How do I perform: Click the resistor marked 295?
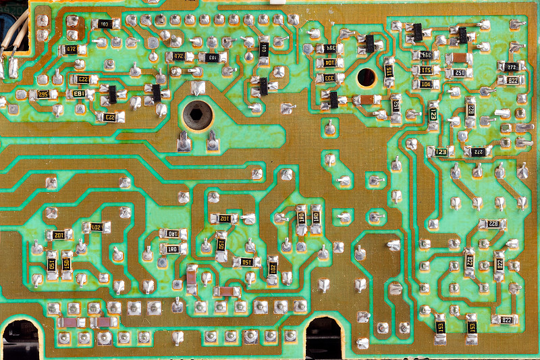pyautogui.click(x=43, y=95)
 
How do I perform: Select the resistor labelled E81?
pyautogui.click(x=79, y=94)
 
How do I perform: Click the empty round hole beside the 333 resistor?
pyautogui.click(x=367, y=77)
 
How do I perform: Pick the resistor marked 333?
pyautogui.click(x=329, y=78)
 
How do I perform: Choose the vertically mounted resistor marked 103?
pyautogui.click(x=263, y=48)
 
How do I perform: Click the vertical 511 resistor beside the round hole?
pyautogui.click(x=389, y=71)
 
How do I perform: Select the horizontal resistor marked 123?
pyautogui.click(x=441, y=152)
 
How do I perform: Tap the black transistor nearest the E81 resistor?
pyautogui.click(x=112, y=93)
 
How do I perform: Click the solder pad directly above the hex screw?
pyautogui.click(x=197, y=88)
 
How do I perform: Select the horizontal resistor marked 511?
pyautogui.click(x=425, y=70)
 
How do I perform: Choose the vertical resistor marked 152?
pyautogui.click(x=221, y=244)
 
